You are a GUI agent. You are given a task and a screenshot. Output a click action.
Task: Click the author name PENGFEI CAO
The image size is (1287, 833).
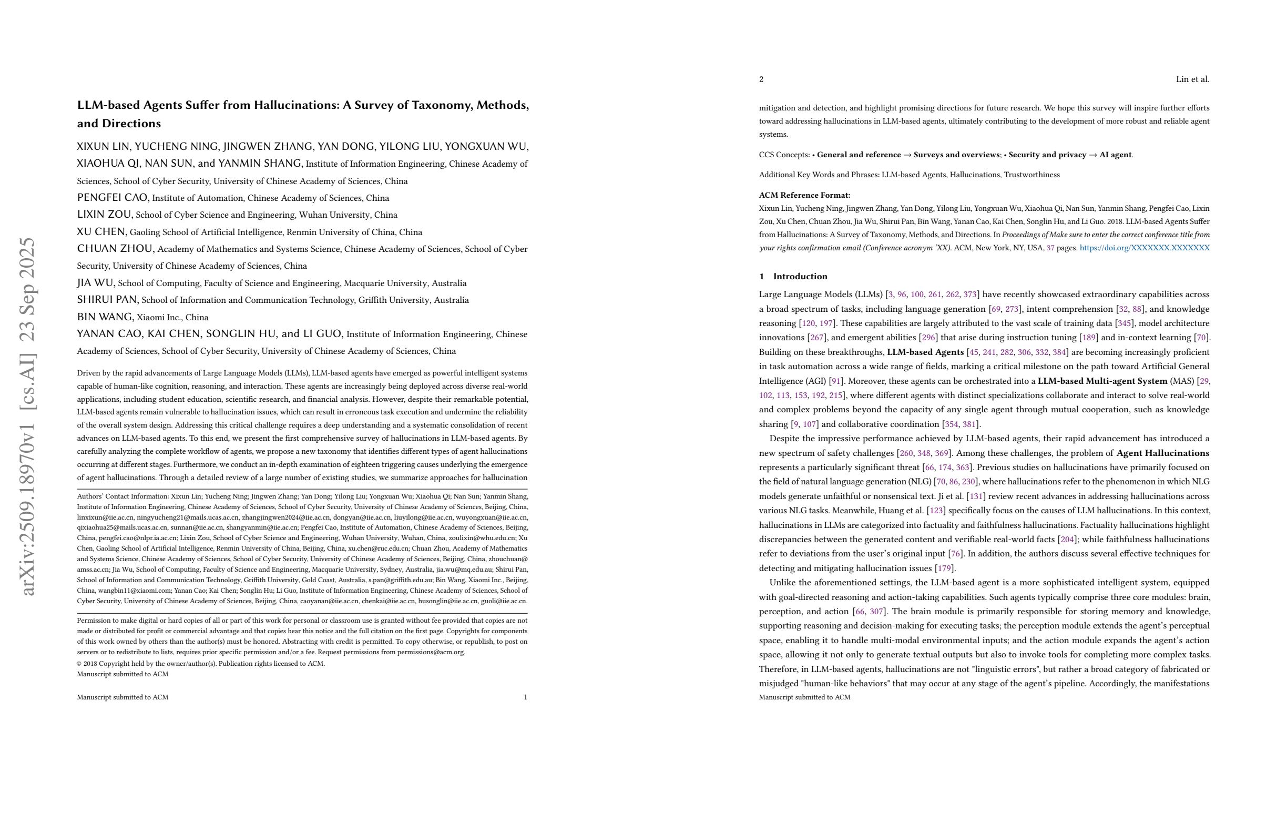point(113,197)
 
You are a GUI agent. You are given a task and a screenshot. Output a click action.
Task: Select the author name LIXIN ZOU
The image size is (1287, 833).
point(104,214)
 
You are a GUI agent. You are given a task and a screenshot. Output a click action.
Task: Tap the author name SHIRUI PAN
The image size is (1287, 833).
point(108,300)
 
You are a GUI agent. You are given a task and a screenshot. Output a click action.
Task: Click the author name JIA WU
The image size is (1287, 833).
point(95,282)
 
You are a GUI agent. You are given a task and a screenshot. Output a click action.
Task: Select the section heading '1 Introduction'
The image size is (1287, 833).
point(793,277)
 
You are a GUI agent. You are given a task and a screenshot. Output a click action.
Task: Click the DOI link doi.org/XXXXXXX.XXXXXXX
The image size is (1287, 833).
point(1144,248)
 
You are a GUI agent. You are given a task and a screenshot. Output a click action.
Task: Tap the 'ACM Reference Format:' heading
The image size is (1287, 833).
point(804,195)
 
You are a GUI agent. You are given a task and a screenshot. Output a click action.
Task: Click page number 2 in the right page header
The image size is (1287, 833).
point(761,79)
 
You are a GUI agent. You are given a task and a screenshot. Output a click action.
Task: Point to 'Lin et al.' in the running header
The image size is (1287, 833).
point(1192,79)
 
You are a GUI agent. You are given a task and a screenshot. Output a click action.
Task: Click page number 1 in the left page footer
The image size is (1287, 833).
point(525,697)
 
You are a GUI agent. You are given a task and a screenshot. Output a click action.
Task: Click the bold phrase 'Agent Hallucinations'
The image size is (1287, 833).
point(1162,453)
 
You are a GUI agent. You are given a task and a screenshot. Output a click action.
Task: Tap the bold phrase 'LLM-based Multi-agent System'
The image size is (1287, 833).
point(1102,381)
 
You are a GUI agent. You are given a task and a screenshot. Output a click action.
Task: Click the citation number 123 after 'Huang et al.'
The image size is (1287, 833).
point(936,510)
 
